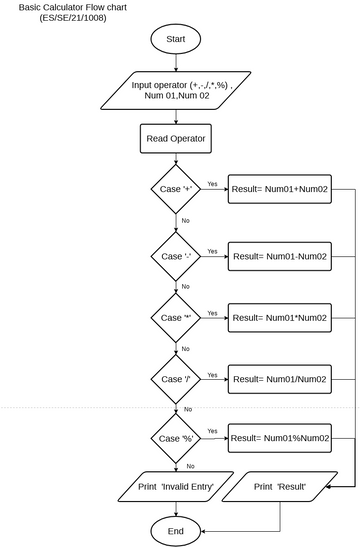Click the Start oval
tap(177, 40)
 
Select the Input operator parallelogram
tap(176, 92)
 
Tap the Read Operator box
tap(177, 140)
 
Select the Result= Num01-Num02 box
tap(280, 256)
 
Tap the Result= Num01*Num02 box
tap(280, 317)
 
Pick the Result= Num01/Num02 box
tap(280, 380)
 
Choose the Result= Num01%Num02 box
tap(280, 438)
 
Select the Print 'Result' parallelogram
tap(279, 486)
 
